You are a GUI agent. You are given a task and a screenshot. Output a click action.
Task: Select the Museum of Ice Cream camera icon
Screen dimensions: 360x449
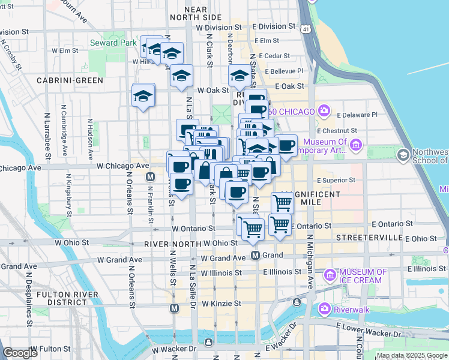coord(330,275)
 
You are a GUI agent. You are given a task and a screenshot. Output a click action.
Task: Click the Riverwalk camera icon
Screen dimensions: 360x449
coord(325,308)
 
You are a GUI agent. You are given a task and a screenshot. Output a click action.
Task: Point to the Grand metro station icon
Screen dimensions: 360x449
coord(255,256)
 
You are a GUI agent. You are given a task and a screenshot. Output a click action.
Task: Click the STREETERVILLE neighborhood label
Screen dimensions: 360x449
coord(369,238)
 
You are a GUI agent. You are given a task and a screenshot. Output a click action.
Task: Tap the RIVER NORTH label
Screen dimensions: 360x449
coord(172,244)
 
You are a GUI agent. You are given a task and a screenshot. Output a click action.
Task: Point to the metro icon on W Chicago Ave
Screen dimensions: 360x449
coord(150,177)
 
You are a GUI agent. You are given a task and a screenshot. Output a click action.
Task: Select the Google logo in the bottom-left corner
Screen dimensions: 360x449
coord(20,353)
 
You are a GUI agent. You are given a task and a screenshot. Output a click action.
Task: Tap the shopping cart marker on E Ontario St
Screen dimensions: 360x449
coord(280,224)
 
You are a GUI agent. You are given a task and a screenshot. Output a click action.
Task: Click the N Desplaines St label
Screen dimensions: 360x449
coord(28,299)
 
